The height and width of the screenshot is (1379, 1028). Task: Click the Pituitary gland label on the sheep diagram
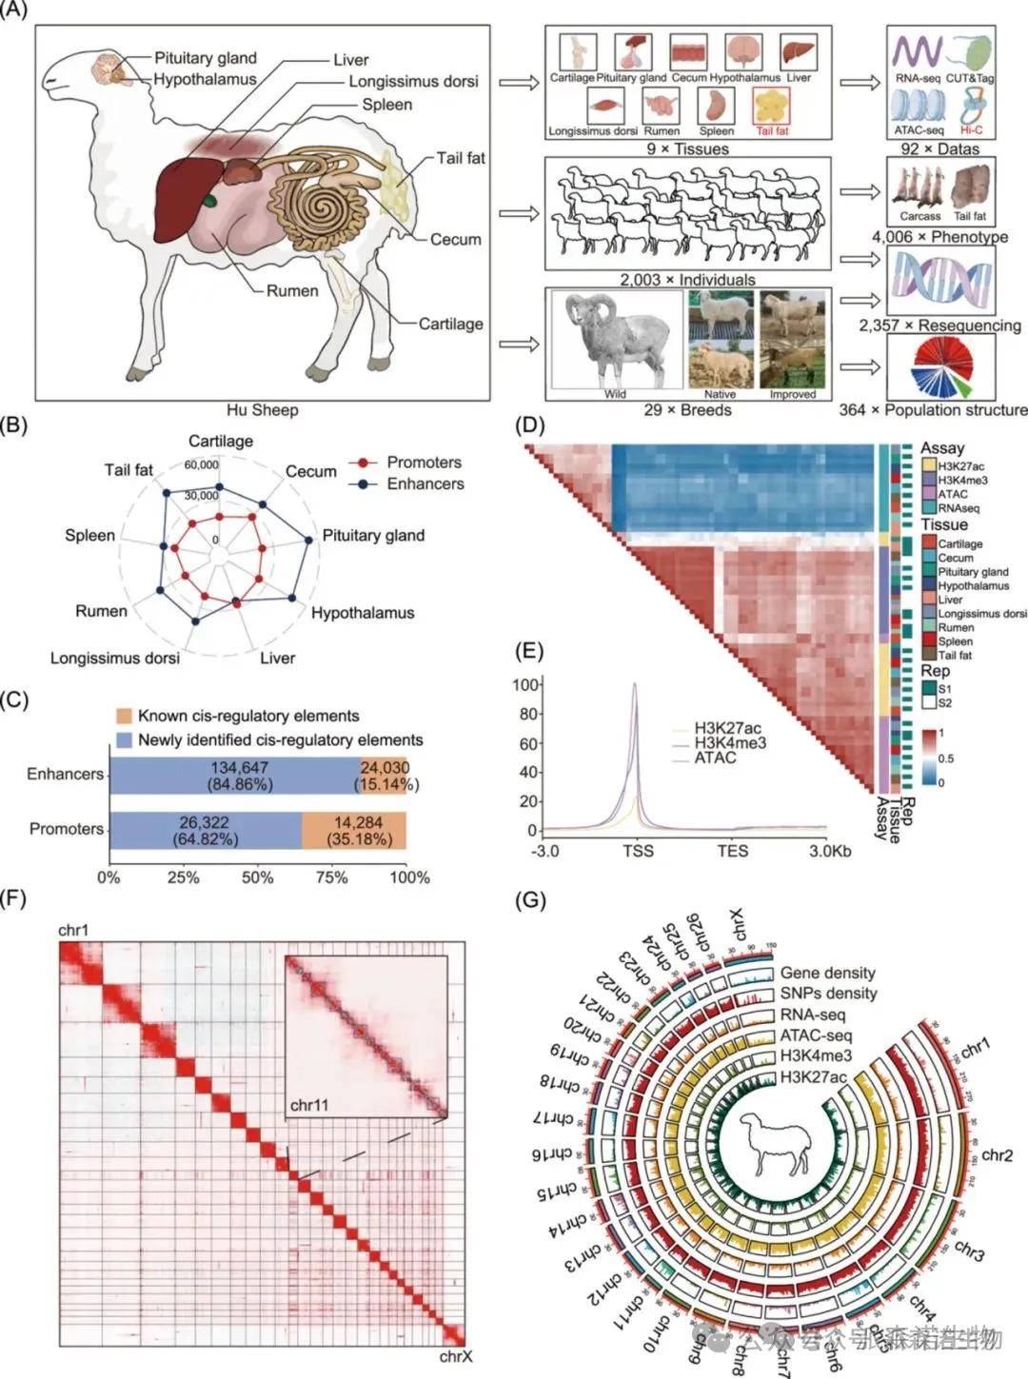206,58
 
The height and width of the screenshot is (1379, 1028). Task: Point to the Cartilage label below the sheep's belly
450,324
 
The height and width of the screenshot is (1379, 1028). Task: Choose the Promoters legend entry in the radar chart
424,463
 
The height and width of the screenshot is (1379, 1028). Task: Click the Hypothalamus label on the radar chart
363,613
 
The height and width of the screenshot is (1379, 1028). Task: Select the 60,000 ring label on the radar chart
202,465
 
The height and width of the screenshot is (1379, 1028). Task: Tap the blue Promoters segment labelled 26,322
206,830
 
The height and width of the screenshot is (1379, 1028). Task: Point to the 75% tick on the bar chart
332,877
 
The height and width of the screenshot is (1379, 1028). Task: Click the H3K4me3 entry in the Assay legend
962,481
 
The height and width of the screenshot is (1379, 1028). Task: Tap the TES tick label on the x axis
733,851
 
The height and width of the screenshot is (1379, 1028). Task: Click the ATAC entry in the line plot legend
715,758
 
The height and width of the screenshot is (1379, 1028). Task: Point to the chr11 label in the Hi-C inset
310,1104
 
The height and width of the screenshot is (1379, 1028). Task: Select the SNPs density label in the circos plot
828,994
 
